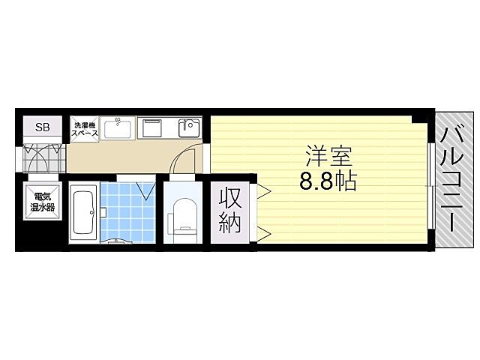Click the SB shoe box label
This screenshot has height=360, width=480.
pos(42,127)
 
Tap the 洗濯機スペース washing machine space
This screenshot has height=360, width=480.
pos(83,129)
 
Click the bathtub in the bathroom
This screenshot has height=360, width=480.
pos(83,214)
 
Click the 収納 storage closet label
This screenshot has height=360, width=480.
pos(230,211)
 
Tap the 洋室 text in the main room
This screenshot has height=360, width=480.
pos(328,156)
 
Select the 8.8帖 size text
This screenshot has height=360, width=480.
pos(328,181)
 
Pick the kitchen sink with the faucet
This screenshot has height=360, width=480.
pos(187,128)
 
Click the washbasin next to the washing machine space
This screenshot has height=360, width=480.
pos(118,129)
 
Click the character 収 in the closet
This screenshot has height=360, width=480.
pos(230,199)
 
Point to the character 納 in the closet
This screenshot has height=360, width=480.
pos(230,223)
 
